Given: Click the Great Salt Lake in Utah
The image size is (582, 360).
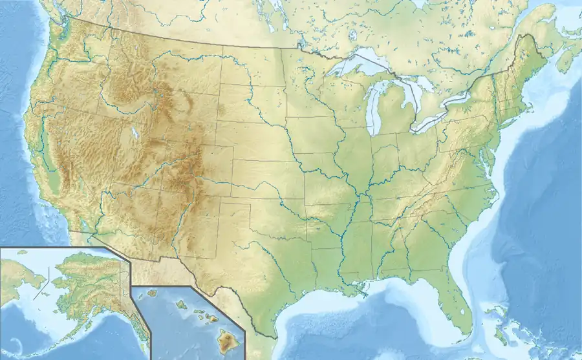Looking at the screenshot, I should [135, 134].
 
